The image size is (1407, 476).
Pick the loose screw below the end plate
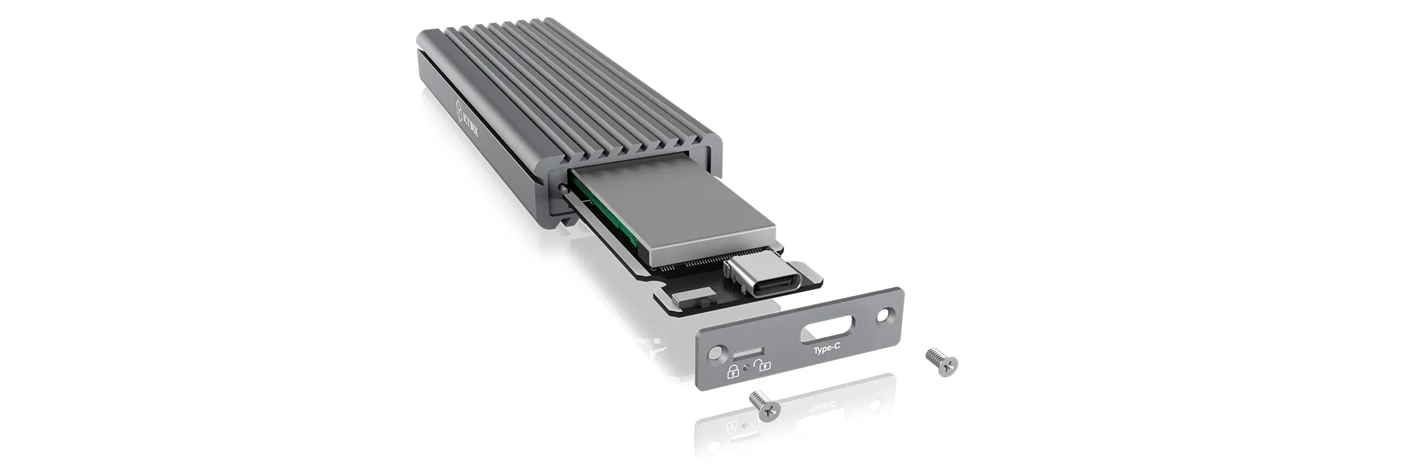765,405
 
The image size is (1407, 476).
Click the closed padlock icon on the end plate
732,371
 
